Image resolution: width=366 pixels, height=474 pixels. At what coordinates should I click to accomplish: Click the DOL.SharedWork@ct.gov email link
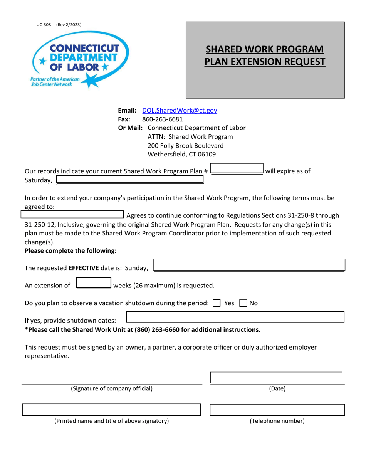point(180,110)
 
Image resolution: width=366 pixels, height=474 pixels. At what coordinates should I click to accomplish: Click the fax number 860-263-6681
point(163,119)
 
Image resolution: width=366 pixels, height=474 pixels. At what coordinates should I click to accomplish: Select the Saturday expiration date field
point(130,180)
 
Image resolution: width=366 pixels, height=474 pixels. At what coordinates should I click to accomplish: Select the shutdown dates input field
point(235,317)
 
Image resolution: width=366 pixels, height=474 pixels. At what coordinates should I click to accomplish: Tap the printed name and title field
point(111,410)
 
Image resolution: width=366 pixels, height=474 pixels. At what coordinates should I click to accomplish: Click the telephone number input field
point(277,410)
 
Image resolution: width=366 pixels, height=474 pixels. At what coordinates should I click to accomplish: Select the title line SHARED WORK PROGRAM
point(265,50)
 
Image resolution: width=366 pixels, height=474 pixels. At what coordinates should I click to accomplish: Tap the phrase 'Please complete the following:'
point(71,251)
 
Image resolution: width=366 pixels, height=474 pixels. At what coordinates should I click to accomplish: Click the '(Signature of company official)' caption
point(111,388)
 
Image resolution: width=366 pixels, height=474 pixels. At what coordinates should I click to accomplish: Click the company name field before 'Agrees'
point(72,215)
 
